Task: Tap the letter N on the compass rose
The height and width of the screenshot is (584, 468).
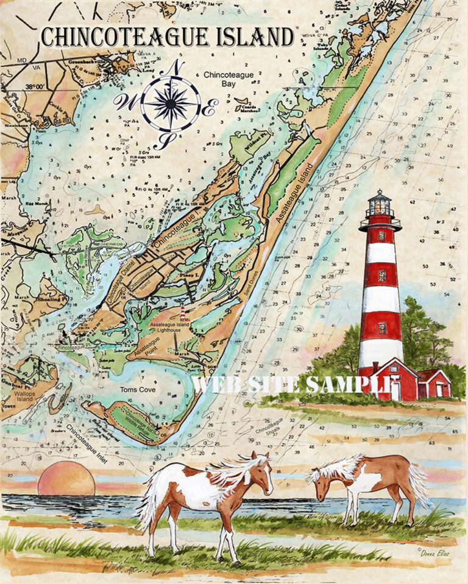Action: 176,67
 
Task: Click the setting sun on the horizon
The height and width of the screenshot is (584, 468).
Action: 66,479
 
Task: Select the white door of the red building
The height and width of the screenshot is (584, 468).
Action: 395,391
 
